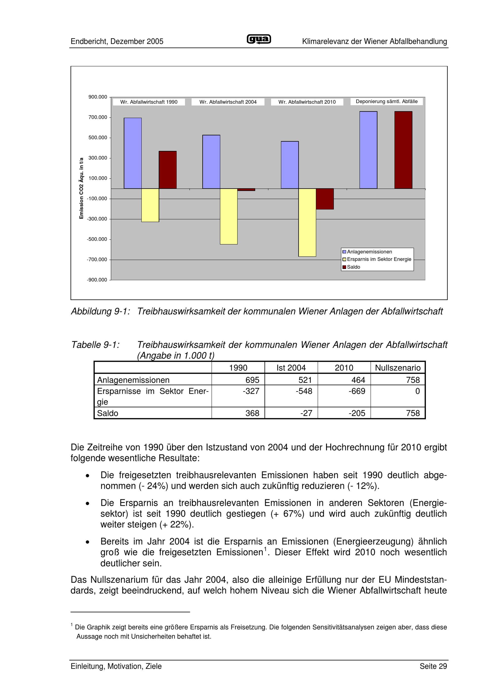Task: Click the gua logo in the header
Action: click(259, 39)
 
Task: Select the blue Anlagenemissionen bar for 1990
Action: click(132, 153)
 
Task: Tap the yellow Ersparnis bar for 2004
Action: click(228, 216)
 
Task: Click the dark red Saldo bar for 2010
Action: click(325, 199)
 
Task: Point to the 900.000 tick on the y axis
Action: click(98, 97)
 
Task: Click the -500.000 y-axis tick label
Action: click(97, 239)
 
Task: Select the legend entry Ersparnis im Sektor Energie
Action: click(379, 259)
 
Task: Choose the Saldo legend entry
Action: click(353, 267)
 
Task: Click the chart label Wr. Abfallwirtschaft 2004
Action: click(228, 102)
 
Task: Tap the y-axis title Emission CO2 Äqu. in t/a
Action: click(81, 188)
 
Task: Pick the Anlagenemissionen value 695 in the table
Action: click(252, 380)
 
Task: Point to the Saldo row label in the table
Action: click(108, 413)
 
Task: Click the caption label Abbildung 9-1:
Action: click(101, 311)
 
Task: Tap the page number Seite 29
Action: click(433, 666)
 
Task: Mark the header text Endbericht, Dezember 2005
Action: click(117, 41)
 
